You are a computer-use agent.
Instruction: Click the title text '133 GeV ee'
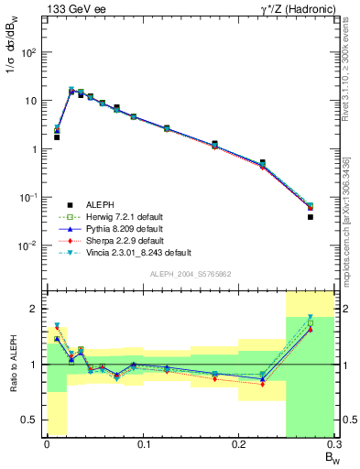(73, 9)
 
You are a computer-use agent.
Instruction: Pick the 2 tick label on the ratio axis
(38, 309)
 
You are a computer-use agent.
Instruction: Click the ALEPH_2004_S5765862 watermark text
(191, 274)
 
